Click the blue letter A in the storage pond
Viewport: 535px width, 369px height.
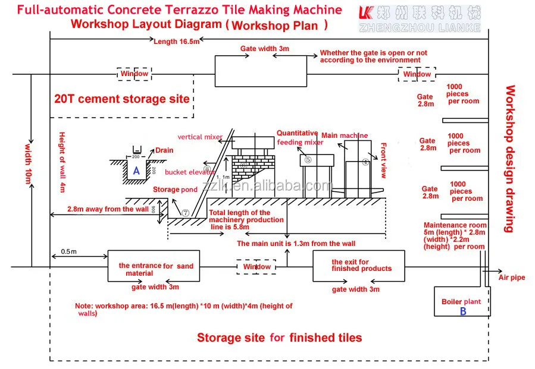click(137, 171)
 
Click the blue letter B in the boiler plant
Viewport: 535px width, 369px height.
click(463, 311)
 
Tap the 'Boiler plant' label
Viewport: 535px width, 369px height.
click(461, 301)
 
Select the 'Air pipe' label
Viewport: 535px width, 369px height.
click(512, 277)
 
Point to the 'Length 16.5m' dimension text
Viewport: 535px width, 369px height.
click(177, 41)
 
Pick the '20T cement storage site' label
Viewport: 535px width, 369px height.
click(122, 99)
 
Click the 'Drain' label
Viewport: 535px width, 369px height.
click(164, 150)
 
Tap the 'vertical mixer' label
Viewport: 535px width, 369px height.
click(200, 137)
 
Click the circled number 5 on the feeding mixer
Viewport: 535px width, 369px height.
click(308, 160)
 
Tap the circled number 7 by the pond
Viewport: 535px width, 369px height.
click(185, 212)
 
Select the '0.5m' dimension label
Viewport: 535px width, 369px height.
click(68, 251)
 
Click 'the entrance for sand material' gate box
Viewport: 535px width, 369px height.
click(156, 266)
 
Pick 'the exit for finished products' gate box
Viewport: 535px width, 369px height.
click(359, 266)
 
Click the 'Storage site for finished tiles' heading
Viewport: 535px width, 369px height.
click(279, 338)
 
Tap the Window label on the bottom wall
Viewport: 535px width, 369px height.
click(256, 267)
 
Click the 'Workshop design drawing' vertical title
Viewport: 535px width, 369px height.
click(510, 159)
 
